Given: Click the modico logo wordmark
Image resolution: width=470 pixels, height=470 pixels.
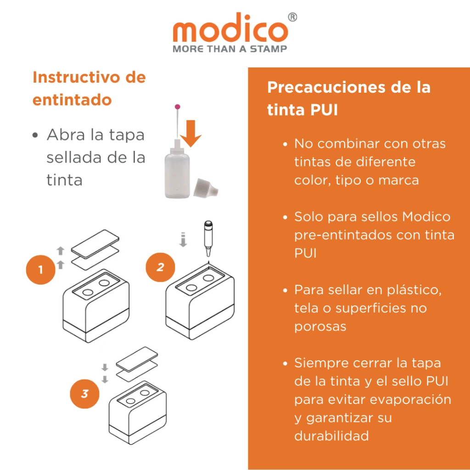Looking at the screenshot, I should click(230, 31).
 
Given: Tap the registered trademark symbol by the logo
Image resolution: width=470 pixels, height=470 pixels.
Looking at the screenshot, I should click(292, 17).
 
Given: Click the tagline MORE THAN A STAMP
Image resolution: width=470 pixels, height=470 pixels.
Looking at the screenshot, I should click(230, 49).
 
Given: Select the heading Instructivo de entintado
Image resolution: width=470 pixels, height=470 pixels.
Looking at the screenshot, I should click(89, 88).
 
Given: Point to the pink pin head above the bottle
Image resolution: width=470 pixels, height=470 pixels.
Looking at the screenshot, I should click(177, 107).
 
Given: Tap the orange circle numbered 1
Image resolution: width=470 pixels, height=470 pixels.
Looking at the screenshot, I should click(40, 269).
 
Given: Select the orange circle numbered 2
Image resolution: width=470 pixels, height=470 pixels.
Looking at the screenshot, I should click(160, 267).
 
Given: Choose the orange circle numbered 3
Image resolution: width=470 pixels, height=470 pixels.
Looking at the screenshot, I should click(84, 393).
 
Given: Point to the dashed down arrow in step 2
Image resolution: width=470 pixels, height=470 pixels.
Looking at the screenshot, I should click(183, 239).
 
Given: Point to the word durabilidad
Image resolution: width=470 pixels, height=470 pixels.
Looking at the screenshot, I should click(332, 436).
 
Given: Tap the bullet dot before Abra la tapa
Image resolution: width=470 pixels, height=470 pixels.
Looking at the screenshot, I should click(35, 136).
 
